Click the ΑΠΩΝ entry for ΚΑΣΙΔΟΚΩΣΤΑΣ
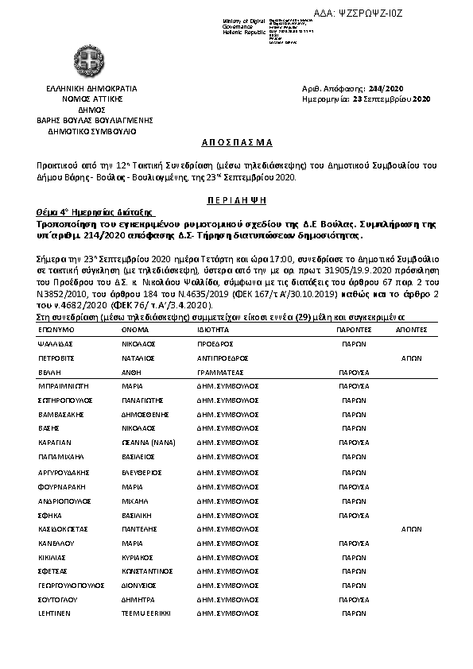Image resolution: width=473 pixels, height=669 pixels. (410, 528)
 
